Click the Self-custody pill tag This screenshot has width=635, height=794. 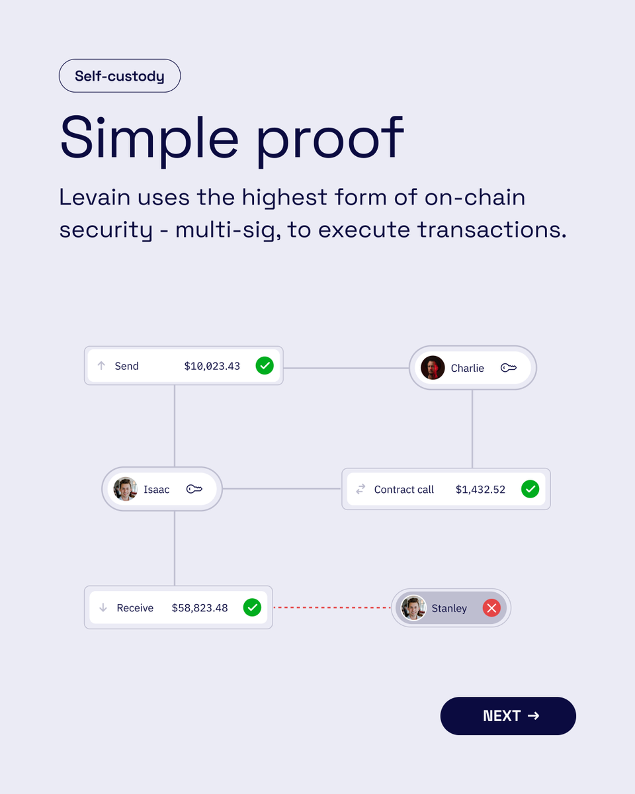coord(120,76)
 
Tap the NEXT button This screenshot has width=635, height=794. coord(508,716)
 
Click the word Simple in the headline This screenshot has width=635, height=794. coord(149,138)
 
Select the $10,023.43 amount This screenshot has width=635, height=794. coord(212,366)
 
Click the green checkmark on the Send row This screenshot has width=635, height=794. coord(265,365)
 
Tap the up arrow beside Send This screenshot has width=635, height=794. coord(101,365)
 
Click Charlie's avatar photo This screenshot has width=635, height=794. coord(433,368)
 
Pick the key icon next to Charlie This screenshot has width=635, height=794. coord(508,368)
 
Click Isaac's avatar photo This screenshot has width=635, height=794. coord(125,490)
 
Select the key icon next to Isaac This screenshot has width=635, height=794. coord(194,490)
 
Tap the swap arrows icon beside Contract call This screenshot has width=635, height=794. coord(360,490)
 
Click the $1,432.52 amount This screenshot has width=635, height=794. coord(480,490)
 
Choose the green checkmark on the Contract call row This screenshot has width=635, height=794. coord(530,490)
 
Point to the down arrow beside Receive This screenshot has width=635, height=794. coord(103,607)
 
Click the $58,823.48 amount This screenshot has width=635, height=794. coord(200,607)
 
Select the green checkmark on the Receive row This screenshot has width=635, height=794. coord(252,607)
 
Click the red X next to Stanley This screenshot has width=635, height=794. coord(491,608)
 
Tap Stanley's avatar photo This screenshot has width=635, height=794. coord(413,608)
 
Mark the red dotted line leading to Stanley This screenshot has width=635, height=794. coord(333,607)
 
